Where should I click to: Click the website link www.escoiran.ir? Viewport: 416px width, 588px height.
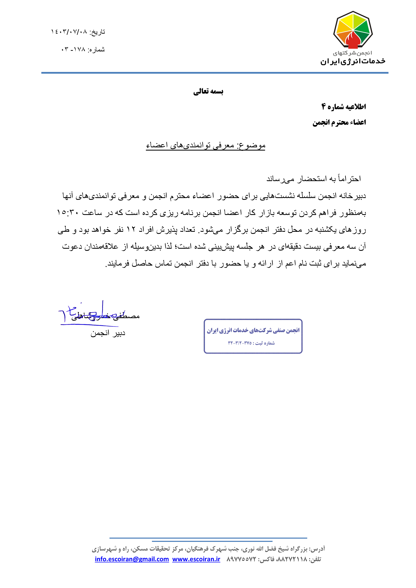click(196, 559)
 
